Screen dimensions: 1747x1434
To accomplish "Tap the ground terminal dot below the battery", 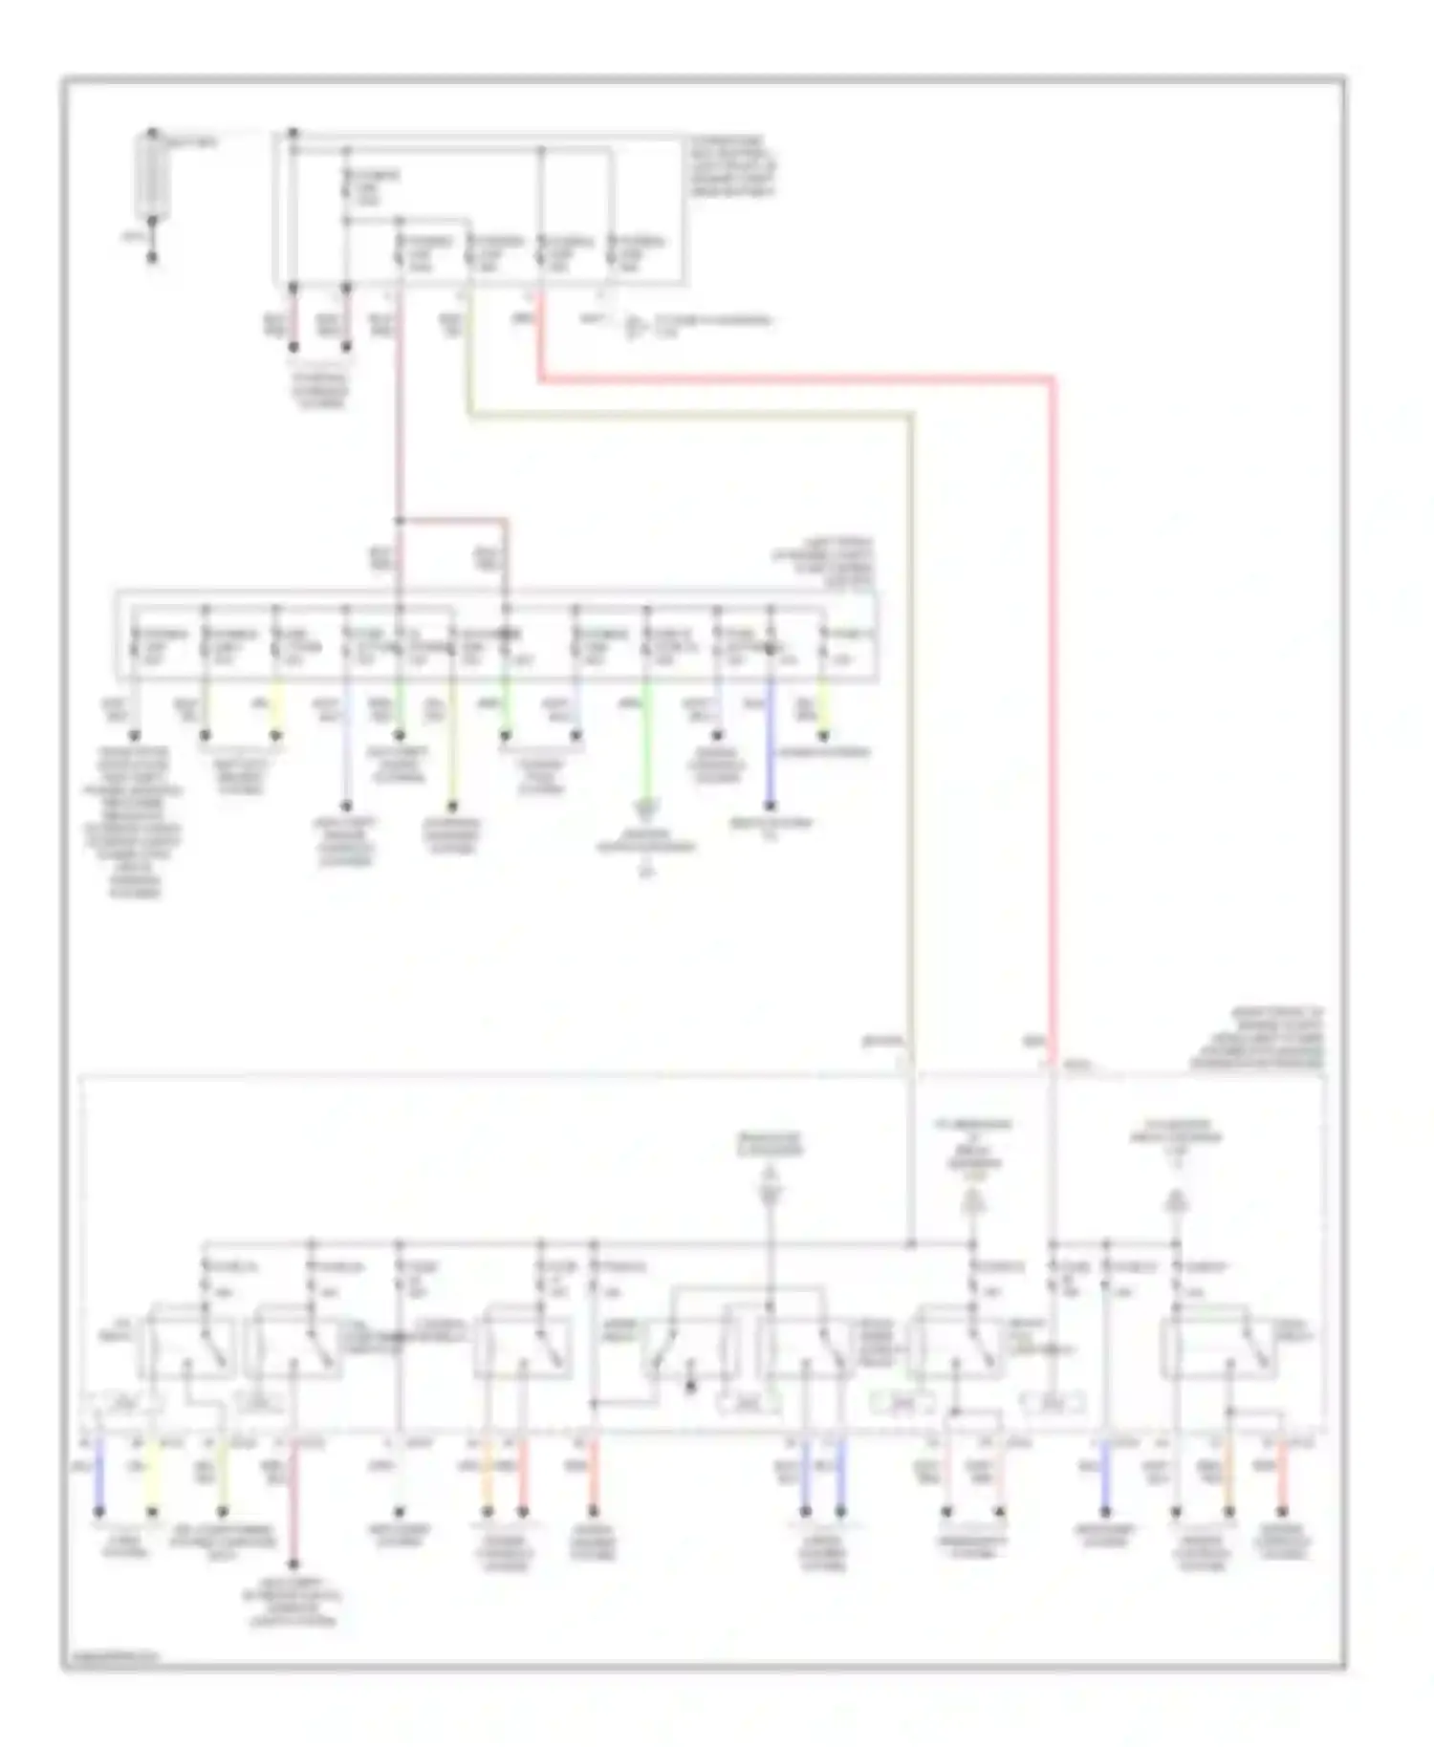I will coord(152,257).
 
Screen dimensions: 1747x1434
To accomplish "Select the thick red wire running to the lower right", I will coord(1052,717).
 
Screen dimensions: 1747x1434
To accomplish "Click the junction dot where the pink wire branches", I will coord(400,522).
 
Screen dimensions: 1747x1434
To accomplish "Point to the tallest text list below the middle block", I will coord(135,822).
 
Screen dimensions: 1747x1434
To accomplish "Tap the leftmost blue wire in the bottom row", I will coord(99,1477).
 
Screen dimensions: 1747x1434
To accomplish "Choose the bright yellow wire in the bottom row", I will coord(151,1477).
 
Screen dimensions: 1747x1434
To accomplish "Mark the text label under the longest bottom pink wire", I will coord(293,1604).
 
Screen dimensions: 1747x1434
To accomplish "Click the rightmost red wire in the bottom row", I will coord(1281,1477).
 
